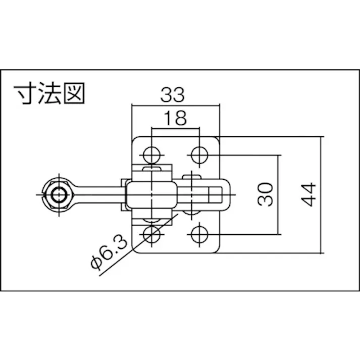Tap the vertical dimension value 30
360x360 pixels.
267,194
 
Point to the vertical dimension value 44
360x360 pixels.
310,194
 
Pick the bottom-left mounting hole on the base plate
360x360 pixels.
151,234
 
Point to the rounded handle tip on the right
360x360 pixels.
226,194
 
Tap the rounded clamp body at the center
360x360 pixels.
151,194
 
